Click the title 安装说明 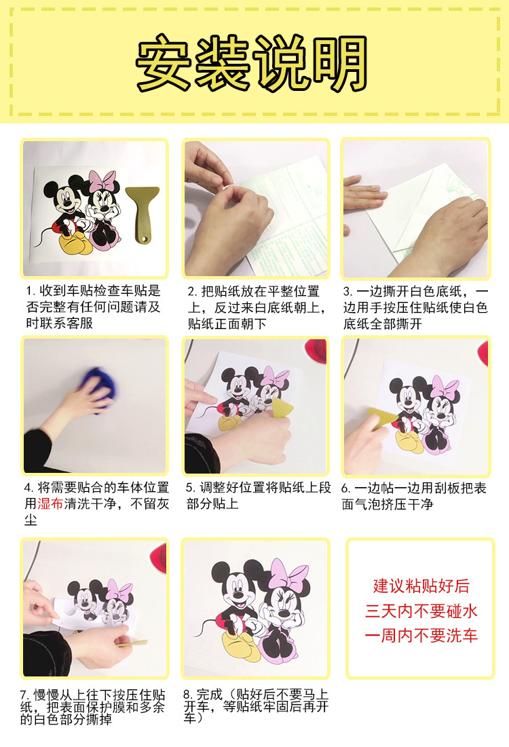[x=252, y=63]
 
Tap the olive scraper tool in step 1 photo [x=143, y=213]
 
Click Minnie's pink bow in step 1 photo [x=102, y=182]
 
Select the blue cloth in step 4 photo [x=100, y=388]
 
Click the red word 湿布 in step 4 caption [x=50, y=504]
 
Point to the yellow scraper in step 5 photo [x=282, y=408]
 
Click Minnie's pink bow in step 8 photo [x=289, y=576]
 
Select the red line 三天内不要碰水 [x=421, y=611]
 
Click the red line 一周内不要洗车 [x=421, y=636]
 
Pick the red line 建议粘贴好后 [x=421, y=586]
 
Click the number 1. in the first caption [x=31, y=291]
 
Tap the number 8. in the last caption [x=188, y=695]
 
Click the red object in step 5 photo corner [x=316, y=349]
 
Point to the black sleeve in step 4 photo [x=37, y=451]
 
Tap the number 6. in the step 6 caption [x=346, y=489]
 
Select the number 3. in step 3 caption [x=348, y=292]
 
